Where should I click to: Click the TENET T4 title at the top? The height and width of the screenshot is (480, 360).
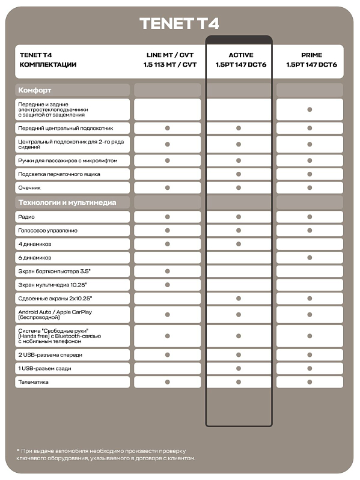[x=179, y=23]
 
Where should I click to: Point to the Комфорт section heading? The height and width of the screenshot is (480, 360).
[x=35, y=90]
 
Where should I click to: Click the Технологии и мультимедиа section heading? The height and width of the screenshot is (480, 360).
[x=67, y=202]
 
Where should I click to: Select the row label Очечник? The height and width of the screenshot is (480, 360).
[x=30, y=188]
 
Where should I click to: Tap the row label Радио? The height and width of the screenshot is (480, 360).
[x=26, y=216]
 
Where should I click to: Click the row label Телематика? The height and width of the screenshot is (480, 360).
[x=34, y=381]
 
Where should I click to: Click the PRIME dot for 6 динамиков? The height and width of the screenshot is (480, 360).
[x=310, y=257]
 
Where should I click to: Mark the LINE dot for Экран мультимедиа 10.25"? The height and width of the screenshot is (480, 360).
[x=168, y=285]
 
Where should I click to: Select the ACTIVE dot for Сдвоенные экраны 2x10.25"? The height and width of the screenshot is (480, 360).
[x=239, y=299]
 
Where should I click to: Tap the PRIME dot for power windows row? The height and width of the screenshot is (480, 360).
[x=310, y=109]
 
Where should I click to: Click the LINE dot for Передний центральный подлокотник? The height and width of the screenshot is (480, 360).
[x=168, y=128]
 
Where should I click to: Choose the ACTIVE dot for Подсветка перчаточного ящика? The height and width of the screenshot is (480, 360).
[x=239, y=174]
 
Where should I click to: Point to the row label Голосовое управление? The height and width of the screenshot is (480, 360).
[x=48, y=230]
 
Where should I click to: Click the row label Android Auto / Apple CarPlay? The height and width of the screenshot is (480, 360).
[x=55, y=312]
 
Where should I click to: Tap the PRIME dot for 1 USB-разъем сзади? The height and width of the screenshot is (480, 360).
[x=310, y=368]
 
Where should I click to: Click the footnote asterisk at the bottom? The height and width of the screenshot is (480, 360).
[x=18, y=451]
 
